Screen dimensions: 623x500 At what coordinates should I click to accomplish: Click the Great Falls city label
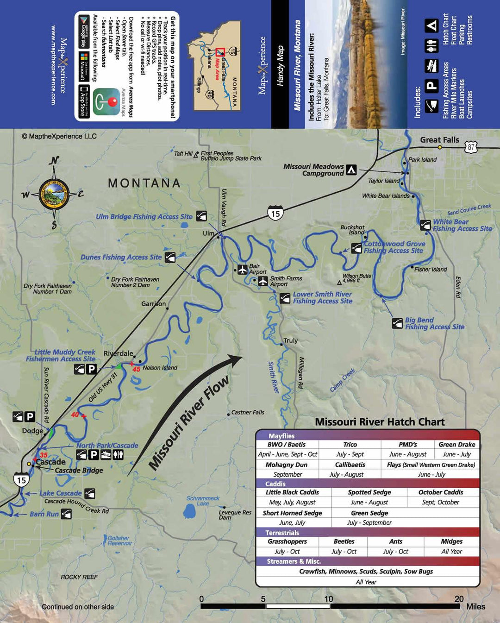(x=439, y=140)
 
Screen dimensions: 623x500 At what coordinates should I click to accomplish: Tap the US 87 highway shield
(x=470, y=147)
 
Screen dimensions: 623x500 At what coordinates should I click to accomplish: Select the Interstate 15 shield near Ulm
(x=275, y=214)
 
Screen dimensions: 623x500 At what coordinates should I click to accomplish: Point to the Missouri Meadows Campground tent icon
(x=351, y=170)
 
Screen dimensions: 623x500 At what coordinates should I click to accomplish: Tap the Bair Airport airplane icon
(x=242, y=269)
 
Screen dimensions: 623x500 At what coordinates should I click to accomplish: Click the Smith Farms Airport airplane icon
(x=263, y=281)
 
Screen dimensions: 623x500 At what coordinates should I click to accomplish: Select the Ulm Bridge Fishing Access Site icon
(x=201, y=216)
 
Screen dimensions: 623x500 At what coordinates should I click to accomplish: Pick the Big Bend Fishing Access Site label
(x=434, y=323)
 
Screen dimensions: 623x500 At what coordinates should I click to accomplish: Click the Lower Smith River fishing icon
(x=285, y=298)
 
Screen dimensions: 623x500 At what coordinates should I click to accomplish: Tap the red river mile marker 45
(x=136, y=369)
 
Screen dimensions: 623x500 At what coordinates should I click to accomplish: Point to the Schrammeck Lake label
(x=203, y=501)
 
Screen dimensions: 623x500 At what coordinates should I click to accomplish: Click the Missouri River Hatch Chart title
(x=380, y=422)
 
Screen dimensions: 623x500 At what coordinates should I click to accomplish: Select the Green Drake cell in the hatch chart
(x=456, y=445)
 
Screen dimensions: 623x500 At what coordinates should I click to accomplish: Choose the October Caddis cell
(x=441, y=492)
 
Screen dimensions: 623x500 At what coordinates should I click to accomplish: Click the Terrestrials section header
(x=282, y=533)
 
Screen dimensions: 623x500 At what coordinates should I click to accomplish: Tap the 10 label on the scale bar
(x=328, y=599)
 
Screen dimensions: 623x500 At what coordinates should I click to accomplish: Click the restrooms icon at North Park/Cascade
(x=118, y=455)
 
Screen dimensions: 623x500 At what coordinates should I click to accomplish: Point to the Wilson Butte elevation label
(x=356, y=278)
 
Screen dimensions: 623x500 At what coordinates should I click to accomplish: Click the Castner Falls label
(x=248, y=412)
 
